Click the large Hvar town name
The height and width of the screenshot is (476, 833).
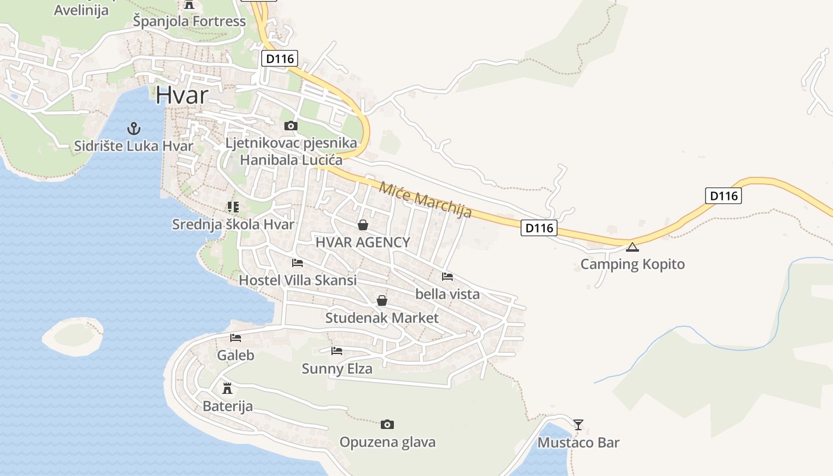(182, 95)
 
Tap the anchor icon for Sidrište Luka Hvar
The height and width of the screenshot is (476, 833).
(134, 128)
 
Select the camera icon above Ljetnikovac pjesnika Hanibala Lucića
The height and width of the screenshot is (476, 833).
(291, 126)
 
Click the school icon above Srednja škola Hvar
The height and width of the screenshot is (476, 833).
(233, 207)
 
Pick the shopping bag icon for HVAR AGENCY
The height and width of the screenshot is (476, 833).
(362, 225)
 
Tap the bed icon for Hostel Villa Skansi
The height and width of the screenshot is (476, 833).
(297, 262)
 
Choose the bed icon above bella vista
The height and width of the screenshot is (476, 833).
(447, 276)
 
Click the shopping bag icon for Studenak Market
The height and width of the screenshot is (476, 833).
(382, 300)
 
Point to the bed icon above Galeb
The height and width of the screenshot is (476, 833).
(236, 338)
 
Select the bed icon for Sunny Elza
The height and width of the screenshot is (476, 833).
(337, 351)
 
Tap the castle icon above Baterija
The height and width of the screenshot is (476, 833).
(227, 389)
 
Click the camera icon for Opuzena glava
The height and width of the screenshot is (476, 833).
(387, 424)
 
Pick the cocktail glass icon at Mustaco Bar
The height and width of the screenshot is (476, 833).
(578, 425)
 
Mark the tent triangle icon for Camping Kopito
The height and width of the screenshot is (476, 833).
(632, 247)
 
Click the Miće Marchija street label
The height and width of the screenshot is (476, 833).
(425, 199)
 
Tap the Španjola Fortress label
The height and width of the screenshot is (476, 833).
(189, 21)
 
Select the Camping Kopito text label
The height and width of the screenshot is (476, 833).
(632, 264)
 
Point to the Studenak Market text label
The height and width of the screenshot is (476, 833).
(381, 318)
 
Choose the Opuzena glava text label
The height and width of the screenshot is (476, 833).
(387, 442)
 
